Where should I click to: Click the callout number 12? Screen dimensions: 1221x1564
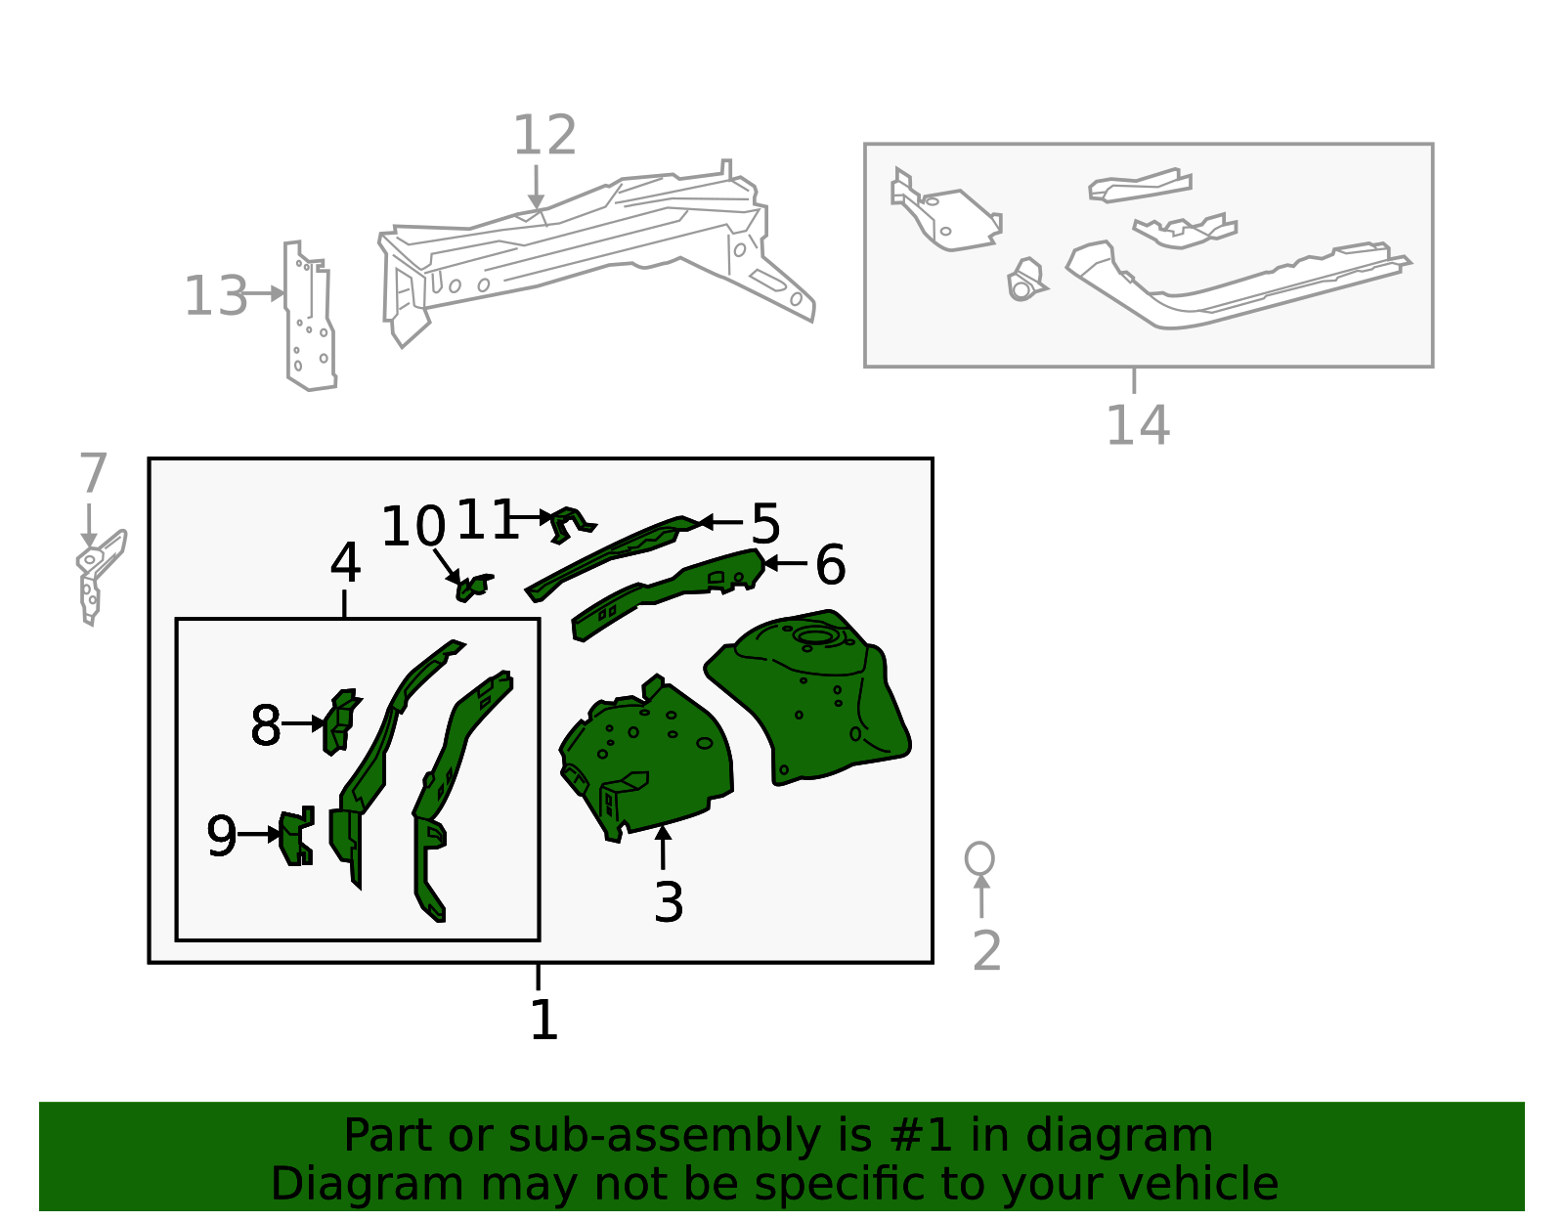point(544,135)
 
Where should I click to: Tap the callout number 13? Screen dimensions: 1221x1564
point(216,295)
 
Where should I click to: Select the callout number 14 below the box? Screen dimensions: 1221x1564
point(1137,424)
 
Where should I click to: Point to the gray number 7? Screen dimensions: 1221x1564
point(93,473)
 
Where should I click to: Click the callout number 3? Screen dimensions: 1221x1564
point(669,901)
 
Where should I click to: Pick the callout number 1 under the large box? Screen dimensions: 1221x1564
point(543,1020)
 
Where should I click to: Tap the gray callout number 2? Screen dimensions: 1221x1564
point(986,950)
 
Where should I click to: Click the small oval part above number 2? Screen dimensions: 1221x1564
point(979,858)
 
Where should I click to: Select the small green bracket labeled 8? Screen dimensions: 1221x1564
point(339,721)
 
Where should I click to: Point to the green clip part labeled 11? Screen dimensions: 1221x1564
point(571,524)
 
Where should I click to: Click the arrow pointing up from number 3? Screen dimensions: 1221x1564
point(663,847)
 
